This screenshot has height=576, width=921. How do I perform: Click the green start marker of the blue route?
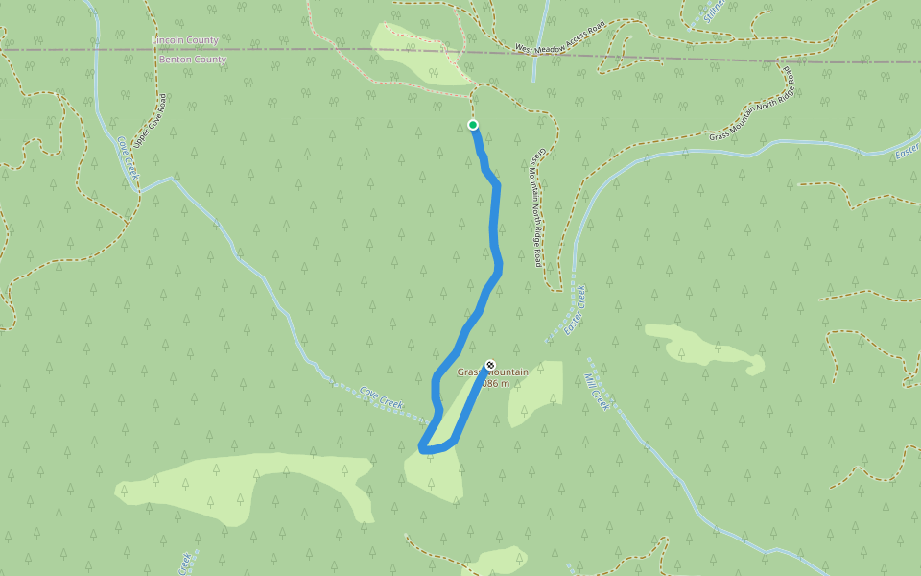pos(473,125)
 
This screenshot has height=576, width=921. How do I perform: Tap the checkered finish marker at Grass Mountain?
pos(490,365)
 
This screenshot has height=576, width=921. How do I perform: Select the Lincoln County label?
pos(185,41)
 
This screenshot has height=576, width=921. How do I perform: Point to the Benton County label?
pos(193,60)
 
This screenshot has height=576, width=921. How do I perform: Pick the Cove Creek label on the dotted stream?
pos(382,397)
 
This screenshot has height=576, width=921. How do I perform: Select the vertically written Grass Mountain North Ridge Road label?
pos(539,206)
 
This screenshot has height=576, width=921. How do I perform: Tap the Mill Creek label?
pos(598,392)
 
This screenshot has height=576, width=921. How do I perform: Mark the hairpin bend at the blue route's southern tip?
pos(424,448)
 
